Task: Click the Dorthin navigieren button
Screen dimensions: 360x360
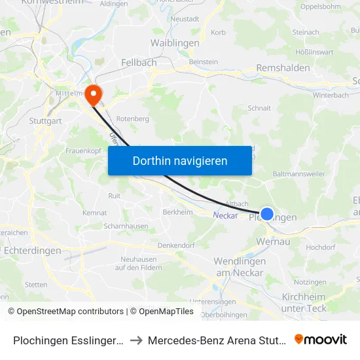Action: [180, 160]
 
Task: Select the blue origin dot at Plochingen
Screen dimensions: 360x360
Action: [267, 213]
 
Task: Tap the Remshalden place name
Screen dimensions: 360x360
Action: [283, 67]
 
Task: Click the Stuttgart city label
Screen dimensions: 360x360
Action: [45, 120]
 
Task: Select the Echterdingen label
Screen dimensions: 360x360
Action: [32, 250]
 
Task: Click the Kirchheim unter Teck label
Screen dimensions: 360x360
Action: [303, 302]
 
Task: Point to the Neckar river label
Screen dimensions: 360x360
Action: [225, 214]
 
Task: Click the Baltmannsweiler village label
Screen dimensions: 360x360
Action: [298, 174]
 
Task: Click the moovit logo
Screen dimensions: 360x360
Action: [320, 339]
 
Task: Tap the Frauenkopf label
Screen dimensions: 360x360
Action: [82, 151]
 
